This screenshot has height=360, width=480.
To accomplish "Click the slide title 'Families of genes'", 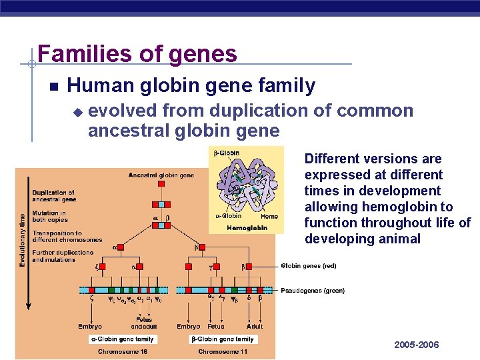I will [x=137, y=53].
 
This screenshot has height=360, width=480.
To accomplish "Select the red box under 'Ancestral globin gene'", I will [x=161, y=183].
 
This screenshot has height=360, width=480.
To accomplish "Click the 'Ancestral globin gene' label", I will [x=161, y=175].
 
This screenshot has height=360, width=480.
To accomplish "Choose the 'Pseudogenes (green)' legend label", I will [x=313, y=291].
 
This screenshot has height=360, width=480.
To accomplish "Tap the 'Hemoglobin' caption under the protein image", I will [x=247, y=227].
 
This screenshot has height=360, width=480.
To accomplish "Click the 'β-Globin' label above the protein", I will [x=227, y=153].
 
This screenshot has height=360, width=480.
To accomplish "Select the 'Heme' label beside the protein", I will [x=269, y=216].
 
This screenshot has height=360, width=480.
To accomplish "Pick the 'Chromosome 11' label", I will [x=222, y=351].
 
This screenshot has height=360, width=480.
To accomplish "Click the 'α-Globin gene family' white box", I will [x=122, y=339].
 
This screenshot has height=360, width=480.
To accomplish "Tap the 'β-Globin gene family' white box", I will [x=223, y=339].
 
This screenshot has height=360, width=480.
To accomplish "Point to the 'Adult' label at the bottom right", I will [x=254, y=327].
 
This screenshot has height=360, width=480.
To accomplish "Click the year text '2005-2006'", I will [x=417, y=345].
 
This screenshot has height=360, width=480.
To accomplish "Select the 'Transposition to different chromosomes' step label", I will [x=67, y=237].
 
